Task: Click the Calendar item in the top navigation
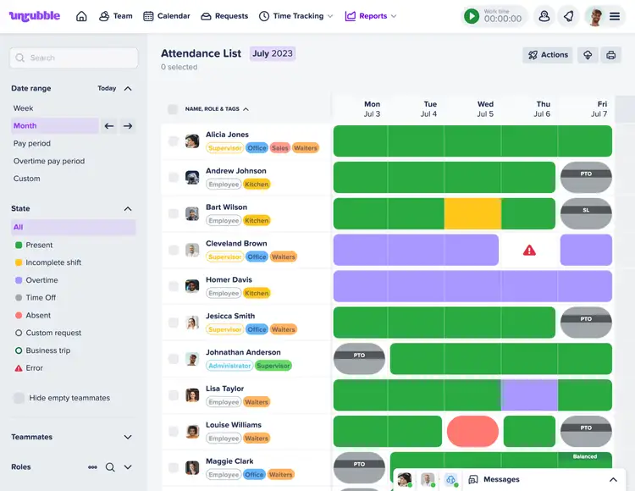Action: pos(166,16)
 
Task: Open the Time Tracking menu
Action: pos(296,16)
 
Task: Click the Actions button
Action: pos(548,55)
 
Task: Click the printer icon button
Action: pos(610,55)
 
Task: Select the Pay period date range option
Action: pos(32,144)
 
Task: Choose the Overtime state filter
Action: pos(41,280)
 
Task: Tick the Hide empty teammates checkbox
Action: pos(19,398)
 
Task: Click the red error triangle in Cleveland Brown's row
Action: pos(529,251)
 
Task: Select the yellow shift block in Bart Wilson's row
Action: pos(472,214)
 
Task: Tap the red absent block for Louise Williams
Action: pos(472,432)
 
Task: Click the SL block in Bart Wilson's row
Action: pos(586,214)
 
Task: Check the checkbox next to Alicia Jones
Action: pos(174,141)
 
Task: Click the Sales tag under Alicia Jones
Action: pos(280,148)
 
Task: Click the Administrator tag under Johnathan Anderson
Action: pos(229,366)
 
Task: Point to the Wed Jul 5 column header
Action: pos(485,109)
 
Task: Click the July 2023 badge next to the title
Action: pos(273,53)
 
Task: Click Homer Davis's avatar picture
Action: pos(192,286)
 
